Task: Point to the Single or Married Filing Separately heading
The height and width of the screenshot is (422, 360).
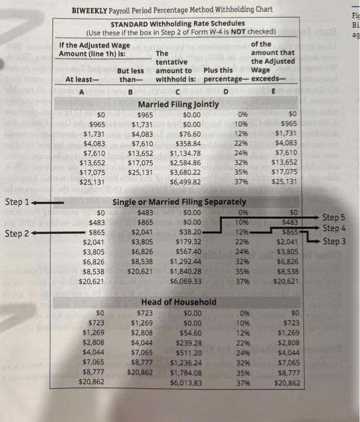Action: (179, 201)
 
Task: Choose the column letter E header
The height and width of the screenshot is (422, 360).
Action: (273, 92)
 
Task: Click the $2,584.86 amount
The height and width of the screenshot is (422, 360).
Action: (185, 162)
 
